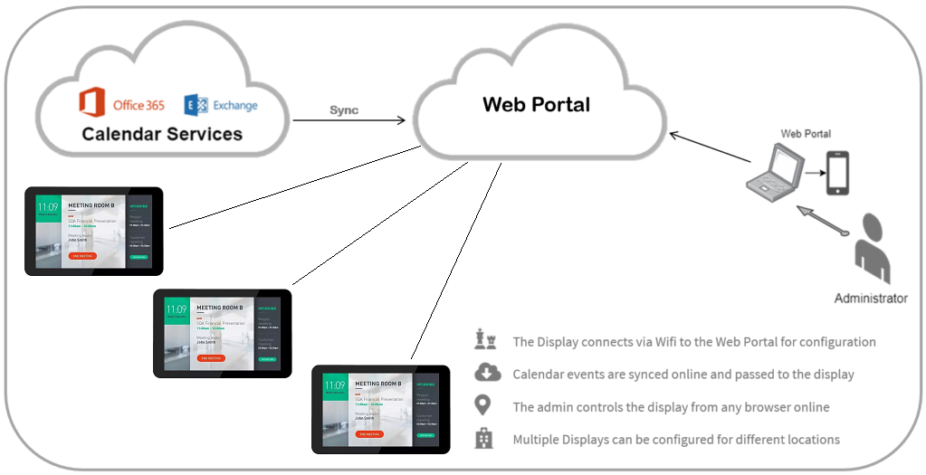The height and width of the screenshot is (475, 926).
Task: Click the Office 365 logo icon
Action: click(x=92, y=103)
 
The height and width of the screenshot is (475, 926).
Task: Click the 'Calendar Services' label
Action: click(x=162, y=134)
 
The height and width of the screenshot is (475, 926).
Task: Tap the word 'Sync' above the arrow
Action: click(x=343, y=109)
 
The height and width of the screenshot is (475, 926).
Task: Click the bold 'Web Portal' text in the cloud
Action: click(x=536, y=104)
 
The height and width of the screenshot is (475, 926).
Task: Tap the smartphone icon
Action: click(x=837, y=173)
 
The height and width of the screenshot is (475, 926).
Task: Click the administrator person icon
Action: click(x=871, y=249)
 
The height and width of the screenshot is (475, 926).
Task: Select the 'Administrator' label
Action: click(x=870, y=298)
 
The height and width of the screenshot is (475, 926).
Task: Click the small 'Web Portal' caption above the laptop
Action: click(x=805, y=134)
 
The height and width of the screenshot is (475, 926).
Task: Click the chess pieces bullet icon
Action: click(x=485, y=341)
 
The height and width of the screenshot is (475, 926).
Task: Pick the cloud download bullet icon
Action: click(x=485, y=374)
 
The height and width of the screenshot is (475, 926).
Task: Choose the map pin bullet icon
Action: click(x=484, y=406)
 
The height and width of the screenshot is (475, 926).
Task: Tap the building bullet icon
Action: click(x=484, y=439)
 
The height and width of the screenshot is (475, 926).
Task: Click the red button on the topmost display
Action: click(x=81, y=256)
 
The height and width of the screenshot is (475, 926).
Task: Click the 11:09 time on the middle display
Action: click(x=177, y=309)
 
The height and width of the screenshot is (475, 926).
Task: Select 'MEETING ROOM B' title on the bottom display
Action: click(x=379, y=384)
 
